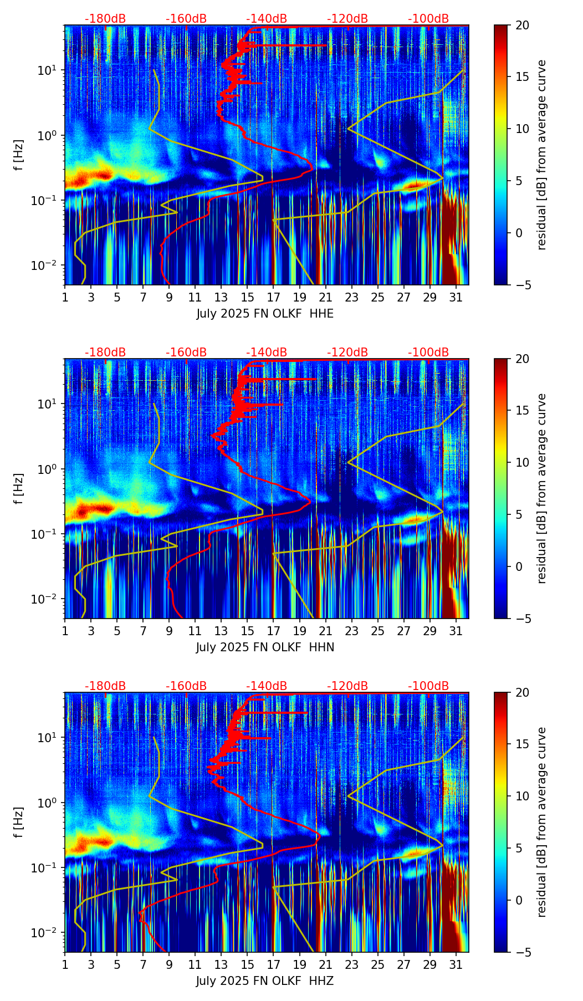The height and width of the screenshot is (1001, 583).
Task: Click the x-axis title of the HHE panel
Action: (x=265, y=314)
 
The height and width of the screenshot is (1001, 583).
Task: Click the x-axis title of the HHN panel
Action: (x=265, y=647)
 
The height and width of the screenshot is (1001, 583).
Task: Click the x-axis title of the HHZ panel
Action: (x=265, y=981)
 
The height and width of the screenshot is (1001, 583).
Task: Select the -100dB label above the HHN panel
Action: (x=428, y=353)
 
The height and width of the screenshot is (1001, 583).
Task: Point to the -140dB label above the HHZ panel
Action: (x=267, y=686)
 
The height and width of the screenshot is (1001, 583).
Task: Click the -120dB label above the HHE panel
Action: (x=347, y=19)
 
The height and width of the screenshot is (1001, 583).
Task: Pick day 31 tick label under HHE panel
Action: (x=456, y=297)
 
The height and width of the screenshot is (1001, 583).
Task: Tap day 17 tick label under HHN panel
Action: (x=273, y=631)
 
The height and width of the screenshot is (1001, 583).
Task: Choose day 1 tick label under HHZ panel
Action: (x=65, y=964)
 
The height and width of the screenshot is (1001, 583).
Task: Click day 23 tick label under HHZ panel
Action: (x=351, y=964)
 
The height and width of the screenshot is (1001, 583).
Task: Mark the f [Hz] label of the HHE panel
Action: (x=19, y=155)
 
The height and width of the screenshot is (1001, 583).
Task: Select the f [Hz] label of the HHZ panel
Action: (x=19, y=822)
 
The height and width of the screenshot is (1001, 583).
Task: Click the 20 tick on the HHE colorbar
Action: (x=522, y=25)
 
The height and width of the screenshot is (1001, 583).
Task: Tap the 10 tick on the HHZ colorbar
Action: (x=522, y=796)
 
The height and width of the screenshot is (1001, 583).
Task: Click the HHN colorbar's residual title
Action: (x=541, y=488)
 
